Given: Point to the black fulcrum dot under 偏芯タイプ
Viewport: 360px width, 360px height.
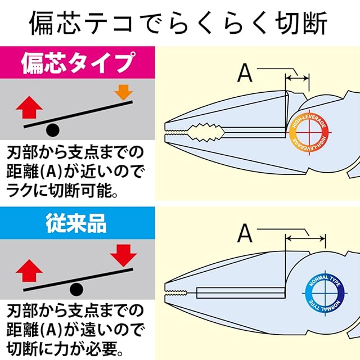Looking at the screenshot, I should (x=52, y=130).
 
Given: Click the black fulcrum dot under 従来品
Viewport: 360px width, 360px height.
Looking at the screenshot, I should (x=75, y=290).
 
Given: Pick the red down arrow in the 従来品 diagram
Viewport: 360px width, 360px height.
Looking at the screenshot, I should (x=123, y=256).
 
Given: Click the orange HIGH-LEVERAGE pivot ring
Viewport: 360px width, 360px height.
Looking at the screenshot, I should (x=307, y=133).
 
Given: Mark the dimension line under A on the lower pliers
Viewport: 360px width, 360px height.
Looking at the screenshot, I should (x=306, y=237).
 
